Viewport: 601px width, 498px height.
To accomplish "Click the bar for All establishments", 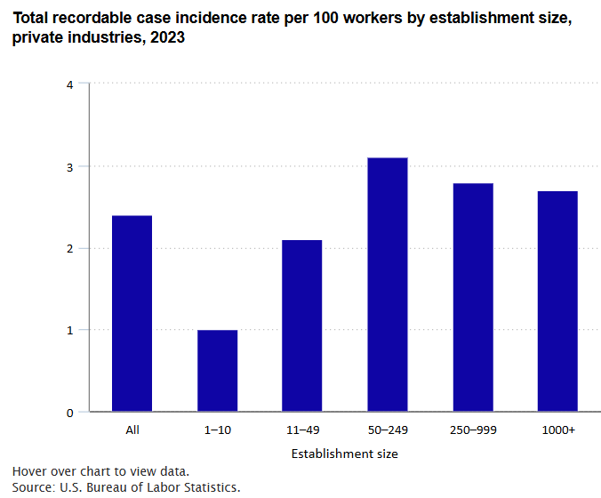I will [x=132, y=314].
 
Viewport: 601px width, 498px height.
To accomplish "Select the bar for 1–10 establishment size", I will [x=217, y=371].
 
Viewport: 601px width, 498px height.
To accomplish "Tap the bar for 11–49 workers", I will [x=302, y=325].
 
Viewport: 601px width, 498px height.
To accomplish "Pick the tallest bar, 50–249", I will [x=387, y=285].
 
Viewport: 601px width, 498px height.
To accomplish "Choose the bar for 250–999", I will [x=472, y=297].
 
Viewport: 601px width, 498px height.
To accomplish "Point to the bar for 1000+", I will [x=557, y=301].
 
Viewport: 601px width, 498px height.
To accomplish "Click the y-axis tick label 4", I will [x=70, y=84].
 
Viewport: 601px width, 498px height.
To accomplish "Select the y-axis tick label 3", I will [x=70, y=166].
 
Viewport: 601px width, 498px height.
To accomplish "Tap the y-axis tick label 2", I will [x=70, y=248].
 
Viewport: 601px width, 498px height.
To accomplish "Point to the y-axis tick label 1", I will [x=70, y=330].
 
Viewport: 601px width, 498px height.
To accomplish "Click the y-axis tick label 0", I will [x=70, y=413].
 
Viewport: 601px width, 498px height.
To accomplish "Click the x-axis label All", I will [x=132, y=430].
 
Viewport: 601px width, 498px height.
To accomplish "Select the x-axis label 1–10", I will [x=217, y=430].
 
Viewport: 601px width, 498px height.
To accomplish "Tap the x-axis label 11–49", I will [x=302, y=430].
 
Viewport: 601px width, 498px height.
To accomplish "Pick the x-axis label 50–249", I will [x=387, y=430].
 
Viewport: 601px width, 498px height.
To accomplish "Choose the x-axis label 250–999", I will [x=472, y=430].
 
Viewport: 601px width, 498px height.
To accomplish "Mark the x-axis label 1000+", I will [x=557, y=430].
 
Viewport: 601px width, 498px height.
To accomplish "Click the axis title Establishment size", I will [x=344, y=454].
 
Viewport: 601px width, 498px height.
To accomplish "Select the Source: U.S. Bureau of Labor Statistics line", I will [x=126, y=487].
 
